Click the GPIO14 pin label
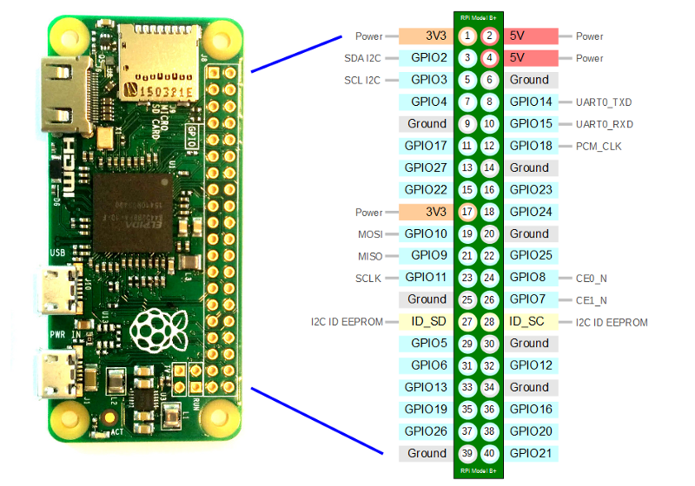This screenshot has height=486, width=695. click(529, 102)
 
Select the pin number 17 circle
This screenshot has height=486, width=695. click(467, 212)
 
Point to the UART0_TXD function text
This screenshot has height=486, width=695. click(604, 102)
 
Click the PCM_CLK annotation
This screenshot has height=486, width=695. click(599, 146)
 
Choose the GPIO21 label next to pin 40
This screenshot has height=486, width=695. click(530, 453)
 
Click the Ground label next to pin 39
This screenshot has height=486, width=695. click(427, 453)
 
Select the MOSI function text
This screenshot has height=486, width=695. click(370, 234)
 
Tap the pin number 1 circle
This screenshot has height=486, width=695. click(467, 36)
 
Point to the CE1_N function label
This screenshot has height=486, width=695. click(591, 300)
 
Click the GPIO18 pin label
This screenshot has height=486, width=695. click(530, 146)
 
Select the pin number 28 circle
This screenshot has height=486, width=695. click(490, 322)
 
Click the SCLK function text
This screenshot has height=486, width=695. click(369, 278)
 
